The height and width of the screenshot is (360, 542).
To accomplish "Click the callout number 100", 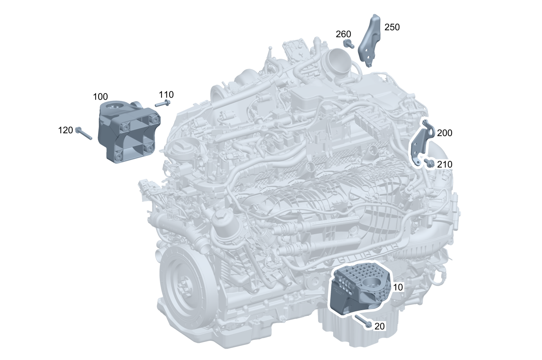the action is tap(100, 97).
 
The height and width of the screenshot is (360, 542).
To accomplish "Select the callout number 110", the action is tap(166, 94).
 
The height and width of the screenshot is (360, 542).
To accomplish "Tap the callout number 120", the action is tap(65, 130).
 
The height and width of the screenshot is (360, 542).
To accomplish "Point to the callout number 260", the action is tap(343, 34).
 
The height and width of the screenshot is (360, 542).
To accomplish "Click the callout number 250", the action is tap(392, 27).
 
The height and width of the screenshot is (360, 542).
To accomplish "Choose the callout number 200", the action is tap(444, 133).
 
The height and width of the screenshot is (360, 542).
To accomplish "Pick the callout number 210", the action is tap(444, 165).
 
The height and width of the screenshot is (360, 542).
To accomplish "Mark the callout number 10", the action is tap(398, 287).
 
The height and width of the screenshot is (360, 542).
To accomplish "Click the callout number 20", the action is tap(379, 326).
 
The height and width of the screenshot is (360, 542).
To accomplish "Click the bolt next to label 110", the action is tap(163, 103).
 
